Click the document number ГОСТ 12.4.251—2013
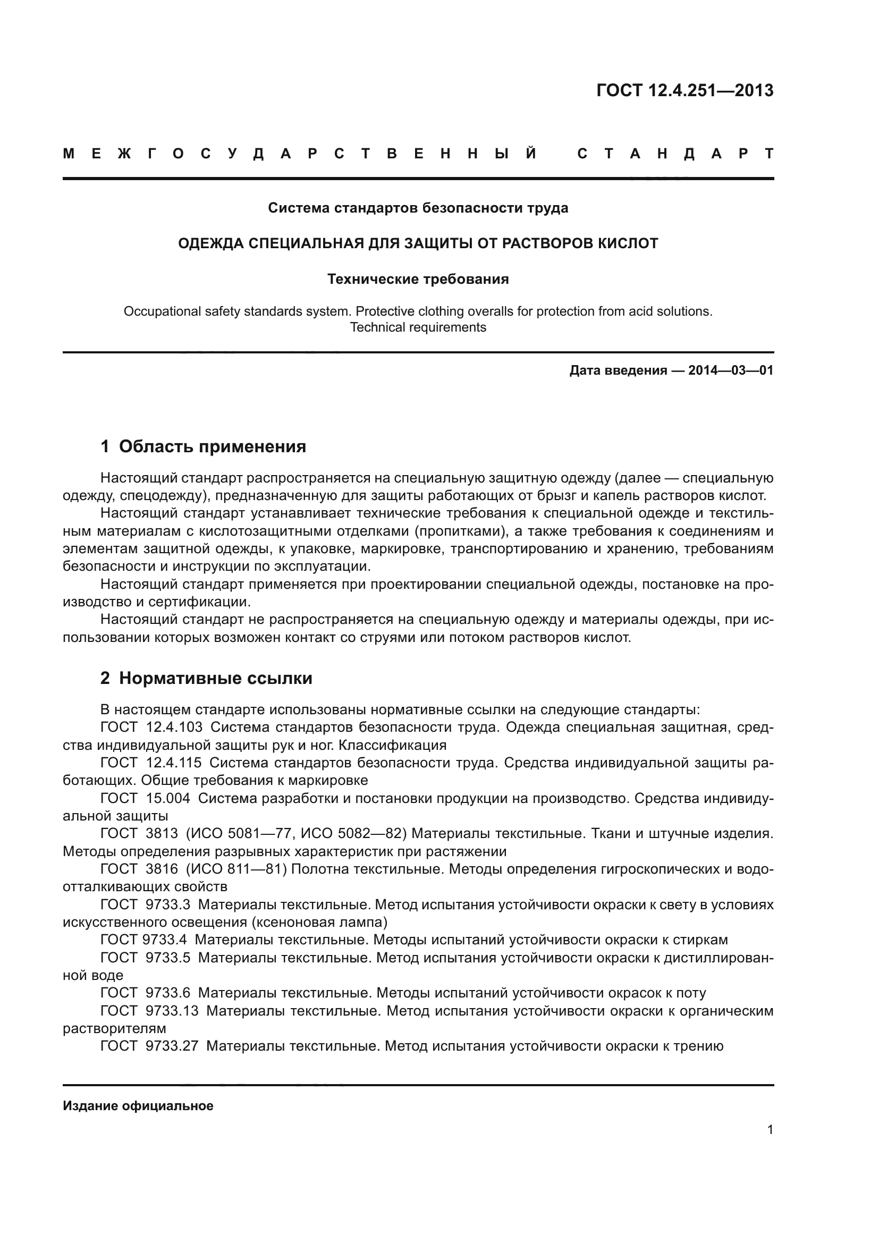pyautogui.click(x=684, y=90)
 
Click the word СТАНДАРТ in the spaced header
pyautogui.click(x=675, y=154)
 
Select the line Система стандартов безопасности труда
pyautogui.click(x=418, y=208)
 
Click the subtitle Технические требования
pyautogui.click(x=418, y=280)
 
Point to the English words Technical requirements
pyautogui.click(x=418, y=327)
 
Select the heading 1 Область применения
pyautogui.click(x=203, y=446)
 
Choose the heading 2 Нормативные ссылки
pyautogui.click(x=206, y=678)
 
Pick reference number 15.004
pyautogui.click(x=168, y=799)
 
